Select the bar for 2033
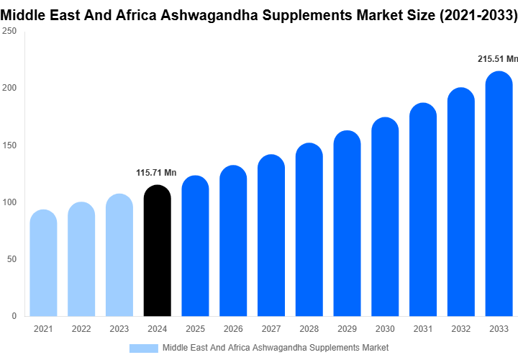pos(499,194)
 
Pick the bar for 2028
pos(309,230)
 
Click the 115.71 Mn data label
pos(156,173)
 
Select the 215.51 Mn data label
pos(497,59)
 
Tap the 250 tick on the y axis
pos(9,32)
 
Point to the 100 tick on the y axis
pos(9,202)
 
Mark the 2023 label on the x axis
pos(119,329)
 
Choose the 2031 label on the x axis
pos(423,329)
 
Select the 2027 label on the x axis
pos(271,329)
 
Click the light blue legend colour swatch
pos(143,348)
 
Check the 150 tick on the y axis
pos(9,145)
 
